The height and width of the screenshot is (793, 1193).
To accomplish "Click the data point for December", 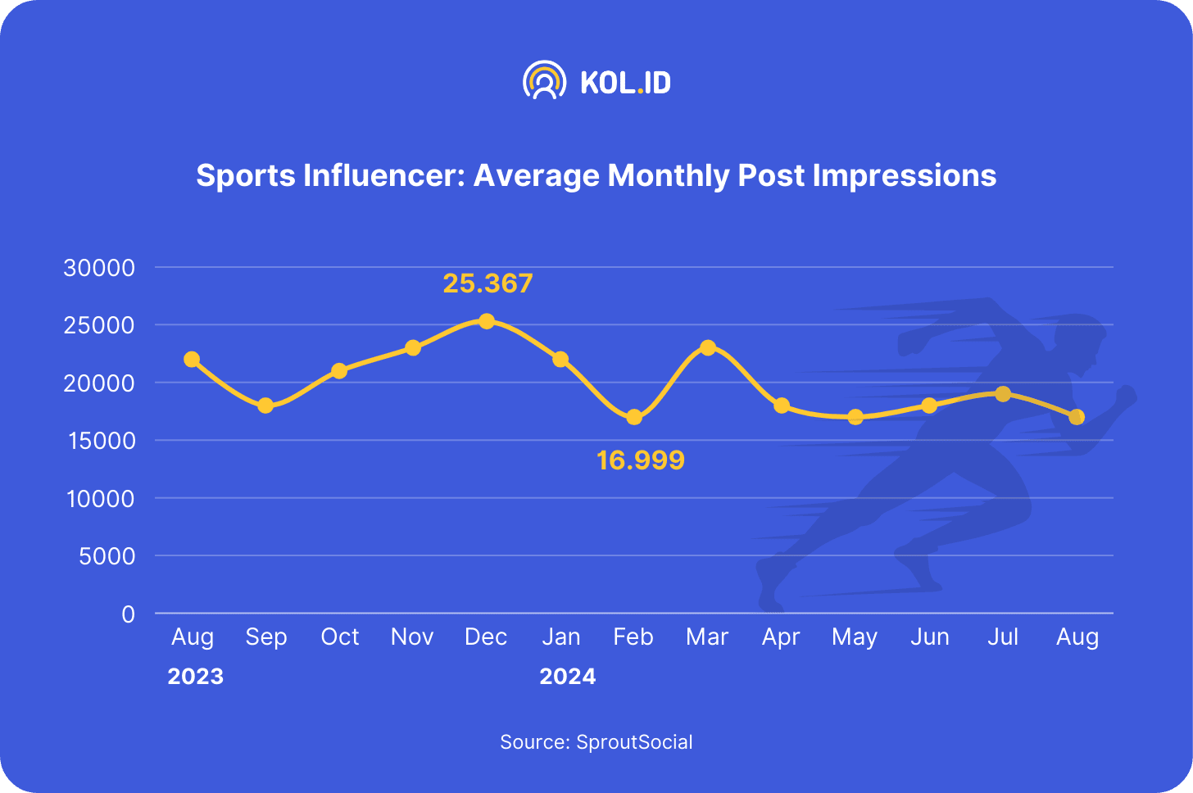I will pos(487,321).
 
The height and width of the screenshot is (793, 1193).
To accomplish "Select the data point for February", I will pos(634,417).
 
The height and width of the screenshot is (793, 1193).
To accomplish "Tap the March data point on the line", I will pos(708,347).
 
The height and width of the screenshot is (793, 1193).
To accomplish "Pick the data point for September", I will pos(265,406).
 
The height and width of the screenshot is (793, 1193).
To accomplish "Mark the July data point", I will pos(1003,394).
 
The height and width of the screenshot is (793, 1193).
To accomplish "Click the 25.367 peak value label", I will pos(488,283).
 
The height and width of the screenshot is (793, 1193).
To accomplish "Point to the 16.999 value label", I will pos(640,460).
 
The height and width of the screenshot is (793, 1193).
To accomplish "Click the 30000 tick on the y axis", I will pos(99,268).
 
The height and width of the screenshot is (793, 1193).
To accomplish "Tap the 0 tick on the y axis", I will pos(128,614).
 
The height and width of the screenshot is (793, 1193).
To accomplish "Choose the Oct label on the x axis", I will pos(339,637).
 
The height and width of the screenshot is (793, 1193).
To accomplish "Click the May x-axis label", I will pos(855,637).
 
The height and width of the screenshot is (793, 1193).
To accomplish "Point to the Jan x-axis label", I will pos(560,637).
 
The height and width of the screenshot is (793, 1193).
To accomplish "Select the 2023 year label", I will pos(195,677).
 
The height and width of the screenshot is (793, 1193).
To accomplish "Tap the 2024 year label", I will pos(567,677).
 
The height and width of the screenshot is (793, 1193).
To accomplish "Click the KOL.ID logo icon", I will pos(544,80).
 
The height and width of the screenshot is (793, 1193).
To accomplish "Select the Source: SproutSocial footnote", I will pos(596,742).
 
